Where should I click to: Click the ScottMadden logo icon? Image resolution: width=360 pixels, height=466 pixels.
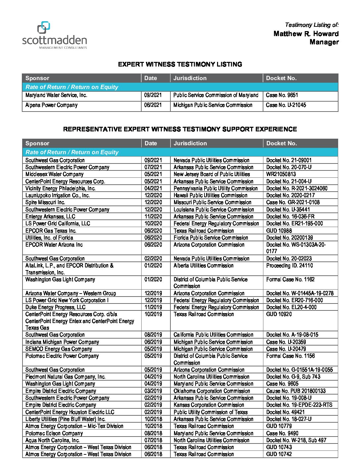[x=43, y=27]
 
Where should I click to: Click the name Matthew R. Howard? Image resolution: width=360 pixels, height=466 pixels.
[x=306, y=33]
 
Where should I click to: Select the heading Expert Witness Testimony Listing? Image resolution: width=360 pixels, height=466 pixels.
[x=180, y=64]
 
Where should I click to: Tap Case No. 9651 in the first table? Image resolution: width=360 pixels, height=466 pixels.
[x=282, y=95]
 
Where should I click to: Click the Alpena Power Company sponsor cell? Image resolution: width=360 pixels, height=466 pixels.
[x=51, y=105]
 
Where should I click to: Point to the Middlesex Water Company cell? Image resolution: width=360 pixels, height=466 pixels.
[x=54, y=174]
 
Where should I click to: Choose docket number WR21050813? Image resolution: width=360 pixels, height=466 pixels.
[x=281, y=174]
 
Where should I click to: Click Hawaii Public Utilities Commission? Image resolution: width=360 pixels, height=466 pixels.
[x=210, y=196]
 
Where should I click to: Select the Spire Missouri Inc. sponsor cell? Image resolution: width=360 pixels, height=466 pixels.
[x=45, y=203]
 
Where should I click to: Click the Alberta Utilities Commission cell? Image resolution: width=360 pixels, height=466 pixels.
[x=203, y=266]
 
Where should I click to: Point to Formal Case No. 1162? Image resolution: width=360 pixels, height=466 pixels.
[x=291, y=280]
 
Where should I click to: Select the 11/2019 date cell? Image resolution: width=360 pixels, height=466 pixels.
[x=153, y=307]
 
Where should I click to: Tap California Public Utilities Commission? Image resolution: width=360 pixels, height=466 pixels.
[x=213, y=335]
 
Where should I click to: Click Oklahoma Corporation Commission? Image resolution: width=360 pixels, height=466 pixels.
[x=212, y=391]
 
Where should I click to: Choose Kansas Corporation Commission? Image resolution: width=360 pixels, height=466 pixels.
[x=209, y=405]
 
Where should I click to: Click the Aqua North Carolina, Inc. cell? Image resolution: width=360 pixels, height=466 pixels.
[x=52, y=441]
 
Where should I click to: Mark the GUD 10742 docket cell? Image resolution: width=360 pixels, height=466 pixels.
[x=279, y=454]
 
